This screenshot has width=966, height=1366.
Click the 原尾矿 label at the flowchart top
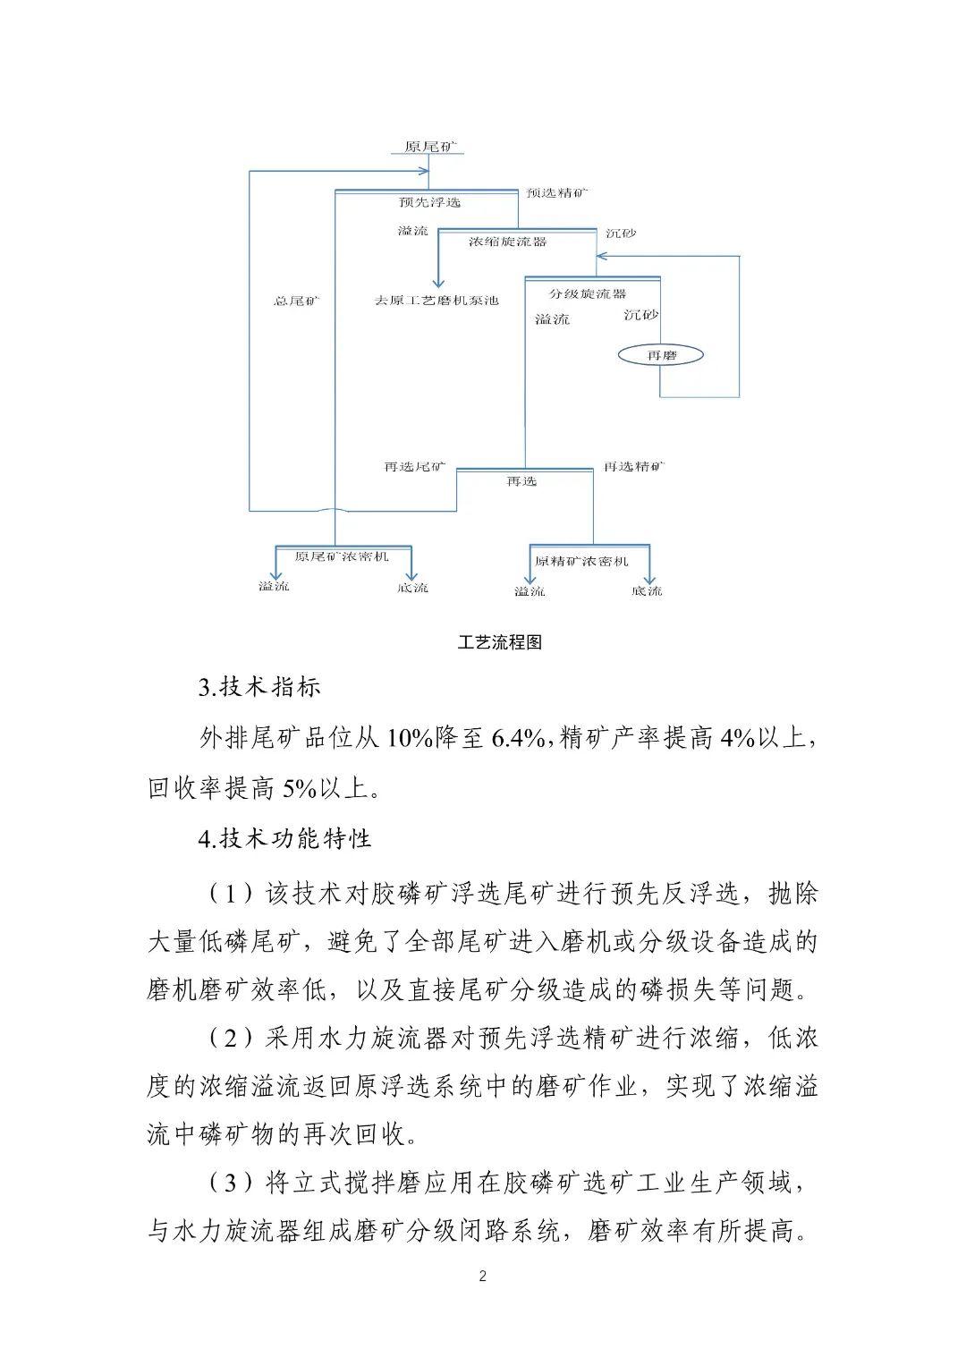point(428,147)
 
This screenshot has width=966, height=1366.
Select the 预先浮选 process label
point(429,203)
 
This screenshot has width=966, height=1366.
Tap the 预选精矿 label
point(557,192)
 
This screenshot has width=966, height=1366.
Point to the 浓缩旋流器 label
point(507,242)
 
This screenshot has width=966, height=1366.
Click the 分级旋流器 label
point(588,293)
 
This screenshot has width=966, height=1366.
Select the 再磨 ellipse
point(661,355)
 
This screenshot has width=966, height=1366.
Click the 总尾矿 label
point(296,301)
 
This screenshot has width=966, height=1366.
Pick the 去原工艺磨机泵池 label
point(436,301)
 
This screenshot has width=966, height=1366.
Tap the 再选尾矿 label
point(415,467)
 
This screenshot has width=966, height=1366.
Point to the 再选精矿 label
point(634,467)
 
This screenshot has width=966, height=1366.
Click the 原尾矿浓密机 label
point(343,556)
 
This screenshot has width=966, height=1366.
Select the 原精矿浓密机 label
point(581,562)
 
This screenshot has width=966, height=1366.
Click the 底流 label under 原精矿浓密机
point(647,591)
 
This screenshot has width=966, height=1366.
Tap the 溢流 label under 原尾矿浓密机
point(274,587)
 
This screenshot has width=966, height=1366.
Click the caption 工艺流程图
point(500,642)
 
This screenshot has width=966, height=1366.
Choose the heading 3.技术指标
point(259,687)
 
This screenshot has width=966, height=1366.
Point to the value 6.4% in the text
point(518,738)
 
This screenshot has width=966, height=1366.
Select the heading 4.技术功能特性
point(284,838)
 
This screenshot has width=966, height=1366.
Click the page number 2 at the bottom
point(483,1276)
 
